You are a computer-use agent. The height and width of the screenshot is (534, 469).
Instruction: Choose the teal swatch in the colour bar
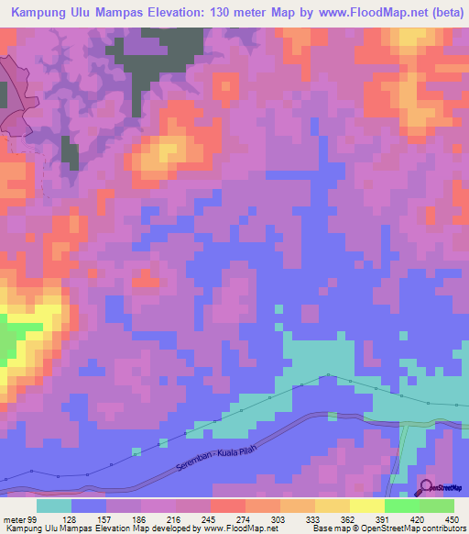point(54,506)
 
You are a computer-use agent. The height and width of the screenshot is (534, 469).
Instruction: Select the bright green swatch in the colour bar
point(401,506)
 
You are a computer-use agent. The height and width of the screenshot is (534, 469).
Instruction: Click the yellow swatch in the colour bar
point(366,506)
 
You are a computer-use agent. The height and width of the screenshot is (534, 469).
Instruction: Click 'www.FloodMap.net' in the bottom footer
point(239,528)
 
